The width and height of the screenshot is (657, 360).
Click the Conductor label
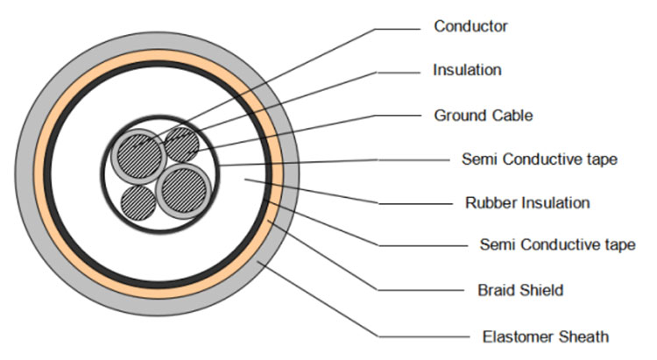(470, 26)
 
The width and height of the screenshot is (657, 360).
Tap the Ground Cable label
(483, 115)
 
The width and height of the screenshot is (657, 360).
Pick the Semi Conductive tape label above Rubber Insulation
(539, 159)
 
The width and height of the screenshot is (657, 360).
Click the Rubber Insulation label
(526, 203)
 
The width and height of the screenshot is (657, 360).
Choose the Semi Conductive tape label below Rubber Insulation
(557, 244)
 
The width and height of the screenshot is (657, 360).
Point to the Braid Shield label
(520, 289)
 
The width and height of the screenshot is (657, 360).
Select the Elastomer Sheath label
(545, 335)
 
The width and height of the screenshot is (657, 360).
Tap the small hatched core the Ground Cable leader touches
(181, 143)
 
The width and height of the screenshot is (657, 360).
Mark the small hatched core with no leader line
(138, 202)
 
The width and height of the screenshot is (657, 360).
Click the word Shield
(540, 289)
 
